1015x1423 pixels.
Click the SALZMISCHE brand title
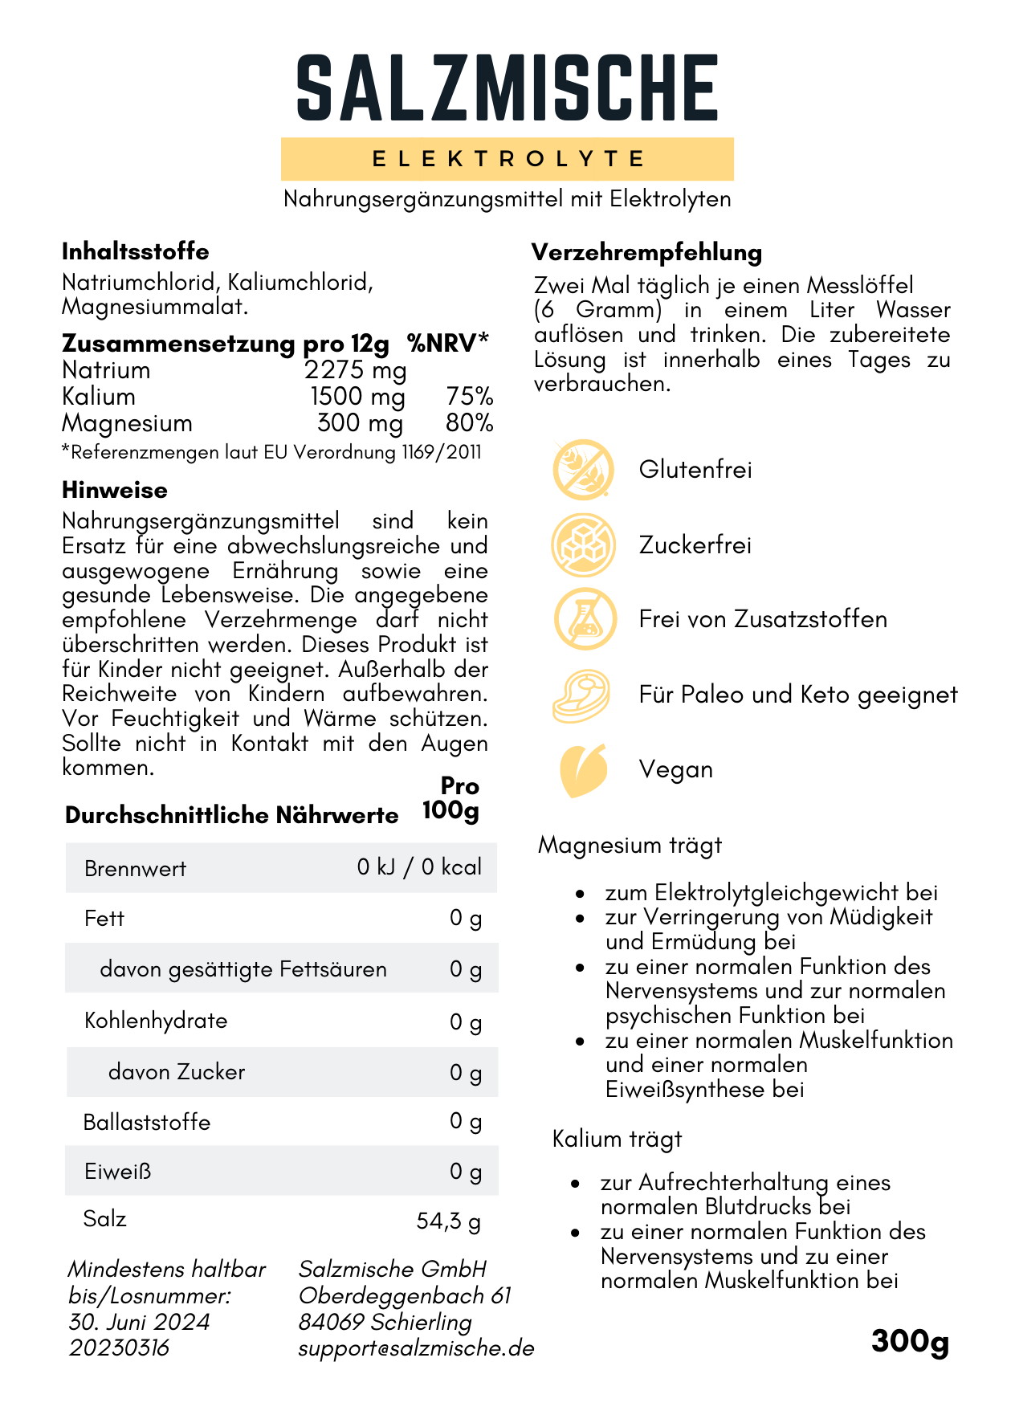pyautogui.click(x=507, y=88)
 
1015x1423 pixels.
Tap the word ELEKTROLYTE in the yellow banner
pyautogui.click(x=507, y=159)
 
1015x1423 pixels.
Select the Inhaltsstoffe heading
pyautogui.click(x=135, y=252)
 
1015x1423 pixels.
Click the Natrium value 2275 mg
pyautogui.click(x=355, y=370)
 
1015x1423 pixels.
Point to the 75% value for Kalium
pyautogui.click(x=469, y=397)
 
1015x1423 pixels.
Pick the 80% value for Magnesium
pyautogui.click(x=469, y=423)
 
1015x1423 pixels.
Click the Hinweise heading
pyautogui.click(x=115, y=491)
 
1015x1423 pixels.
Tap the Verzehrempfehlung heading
pyautogui.click(x=646, y=253)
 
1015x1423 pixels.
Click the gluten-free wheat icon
pyautogui.click(x=584, y=470)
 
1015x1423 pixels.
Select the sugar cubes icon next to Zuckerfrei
pyautogui.click(x=584, y=545)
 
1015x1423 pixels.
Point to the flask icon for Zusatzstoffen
pyautogui.click(x=585, y=619)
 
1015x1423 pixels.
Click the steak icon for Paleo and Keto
pyautogui.click(x=582, y=695)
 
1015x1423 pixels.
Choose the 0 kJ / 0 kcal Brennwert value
pyautogui.click(x=419, y=867)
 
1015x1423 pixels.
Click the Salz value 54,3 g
pyautogui.click(x=448, y=1221)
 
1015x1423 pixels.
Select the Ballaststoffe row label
pyautogui.click(x=147, y=1122)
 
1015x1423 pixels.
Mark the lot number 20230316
pyautogui.click(x=119, y=1348)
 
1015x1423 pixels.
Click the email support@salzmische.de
pyautogui.click(x=416, y=1348)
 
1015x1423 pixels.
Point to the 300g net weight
pyautogui.click(x=910, y=1342)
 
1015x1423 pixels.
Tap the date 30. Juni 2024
pyautogui.click(x=139, y=1322)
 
